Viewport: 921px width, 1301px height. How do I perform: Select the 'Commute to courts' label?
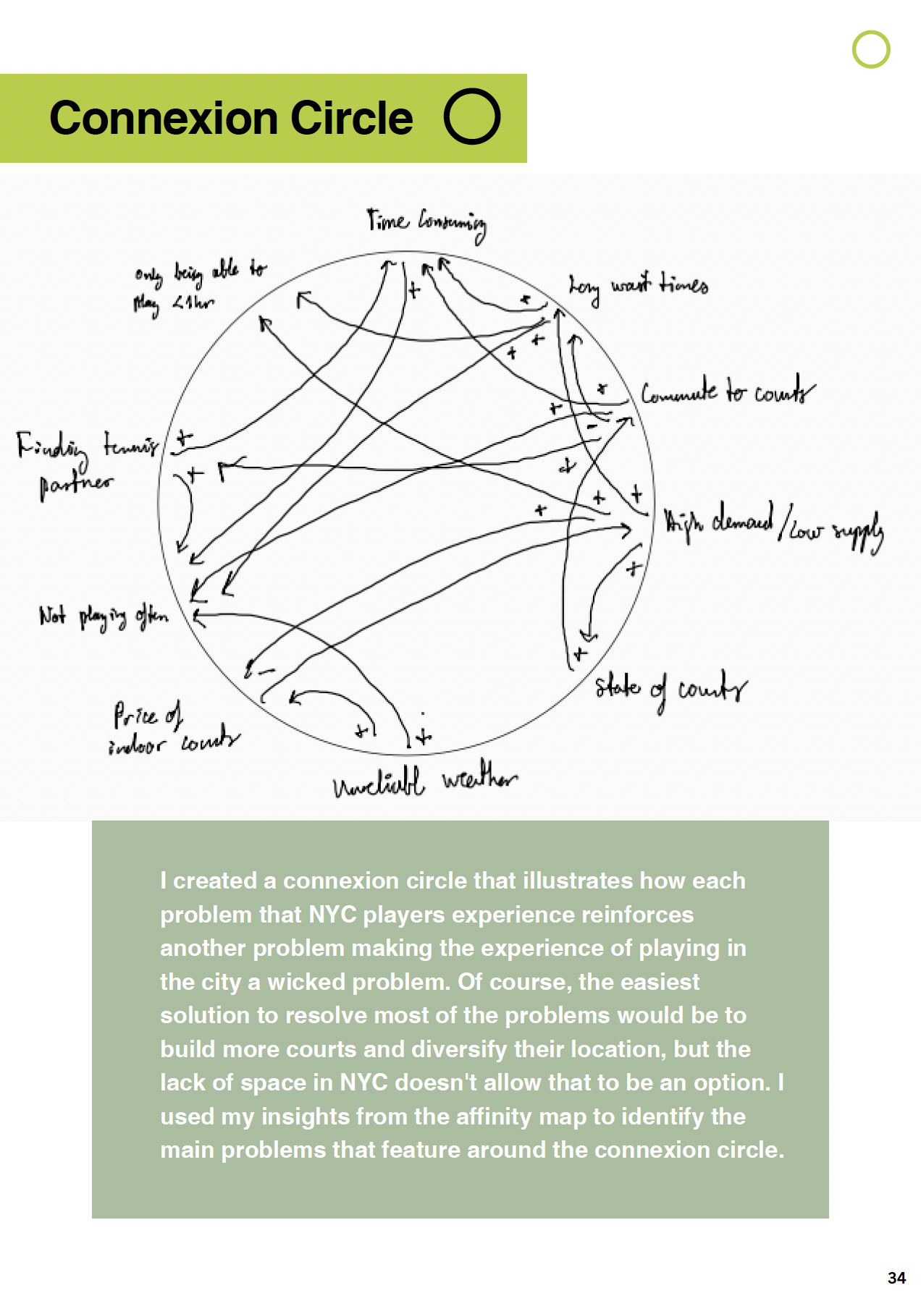click(x=727, y=392)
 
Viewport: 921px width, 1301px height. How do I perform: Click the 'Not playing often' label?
click(x=104, y=617)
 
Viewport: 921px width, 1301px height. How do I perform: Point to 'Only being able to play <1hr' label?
click(x=197, y=287)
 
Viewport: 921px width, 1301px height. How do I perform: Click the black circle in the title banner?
click(x=472, y=116)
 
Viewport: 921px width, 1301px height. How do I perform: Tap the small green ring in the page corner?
click(x=870, y=49)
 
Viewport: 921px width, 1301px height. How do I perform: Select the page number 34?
click(x=896, y=1277)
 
